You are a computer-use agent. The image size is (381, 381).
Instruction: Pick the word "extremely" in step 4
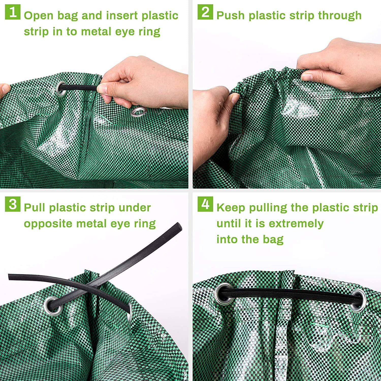point(296,224)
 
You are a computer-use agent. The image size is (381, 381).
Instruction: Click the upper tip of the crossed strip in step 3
point(179,225)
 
